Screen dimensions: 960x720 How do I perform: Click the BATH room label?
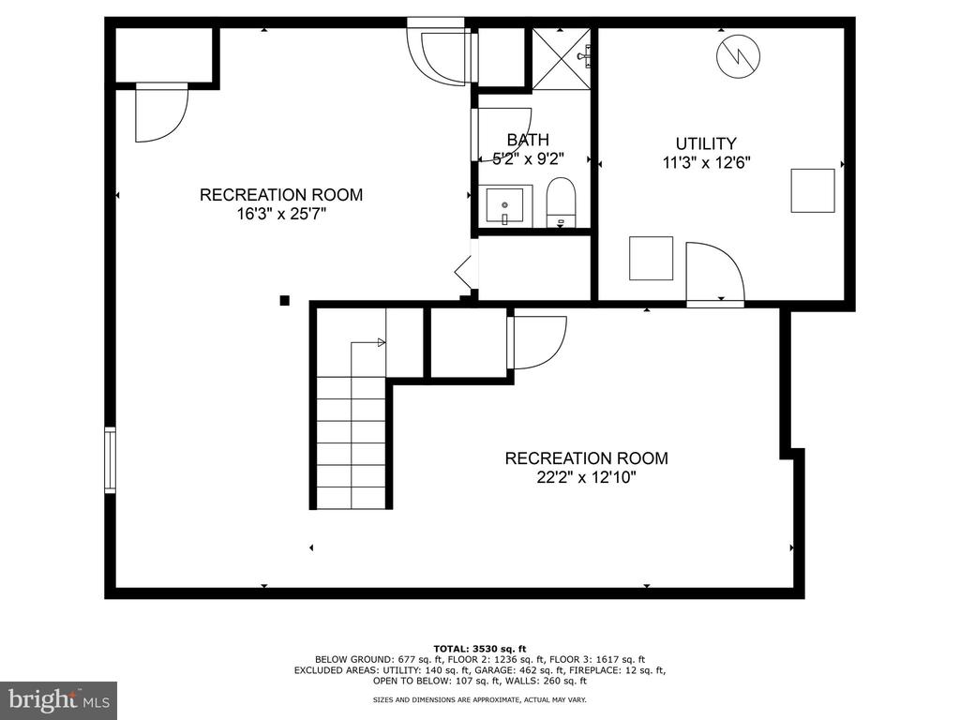[x=528, y=140]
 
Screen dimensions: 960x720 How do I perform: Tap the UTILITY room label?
[x=706, y=143]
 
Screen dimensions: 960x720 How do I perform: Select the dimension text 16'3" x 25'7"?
[x=281, y=215]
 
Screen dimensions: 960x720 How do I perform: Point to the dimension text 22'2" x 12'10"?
[x=587, y=477]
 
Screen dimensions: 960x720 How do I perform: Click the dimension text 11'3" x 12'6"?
[x=707, y=163]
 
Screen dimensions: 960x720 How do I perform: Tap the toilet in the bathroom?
[x=561, y=202]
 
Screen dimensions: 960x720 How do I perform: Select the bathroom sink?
[x=505, y=206]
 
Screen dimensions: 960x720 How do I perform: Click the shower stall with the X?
[x=562, y=59]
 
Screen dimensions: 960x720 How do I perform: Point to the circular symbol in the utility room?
[x=739, y=56]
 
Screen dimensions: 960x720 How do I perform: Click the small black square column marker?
[x=285, y=300]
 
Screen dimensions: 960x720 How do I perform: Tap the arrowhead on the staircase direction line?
[x=382, y=342]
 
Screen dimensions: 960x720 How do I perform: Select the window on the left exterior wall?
[x=111, y=459]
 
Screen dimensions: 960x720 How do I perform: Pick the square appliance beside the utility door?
[x=652, y=259]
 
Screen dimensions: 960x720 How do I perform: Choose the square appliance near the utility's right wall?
[x=813, y=191]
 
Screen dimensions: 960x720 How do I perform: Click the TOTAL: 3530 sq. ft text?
[x=480, y=649]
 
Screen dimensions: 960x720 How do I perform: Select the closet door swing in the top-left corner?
[x=161, y=113]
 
